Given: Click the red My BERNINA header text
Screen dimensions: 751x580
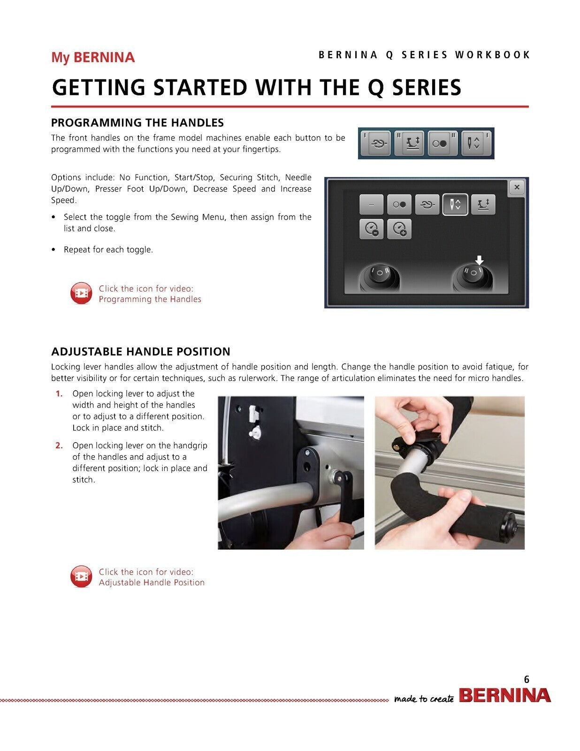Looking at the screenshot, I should pyautogui.click(x=92, y=58).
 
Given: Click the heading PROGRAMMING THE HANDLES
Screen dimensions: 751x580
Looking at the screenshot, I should pyautogui.click(x=137, y=123).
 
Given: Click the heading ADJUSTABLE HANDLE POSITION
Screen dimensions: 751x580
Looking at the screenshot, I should pyautogui.click(x=140, y=352).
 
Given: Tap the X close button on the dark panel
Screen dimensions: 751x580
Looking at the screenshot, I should pyautogui.click(x=517, y=187).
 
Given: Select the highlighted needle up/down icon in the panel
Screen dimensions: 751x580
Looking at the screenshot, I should pyautogui.click(x=455, y=205).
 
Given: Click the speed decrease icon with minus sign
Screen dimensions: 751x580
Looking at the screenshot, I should pyautogui.click(x=371, y=229).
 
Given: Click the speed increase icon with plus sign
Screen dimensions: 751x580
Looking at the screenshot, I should pyautogui.click(x=399, y=229).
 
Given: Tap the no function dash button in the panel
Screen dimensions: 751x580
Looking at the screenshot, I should pyautogui.click(x=371, y=205).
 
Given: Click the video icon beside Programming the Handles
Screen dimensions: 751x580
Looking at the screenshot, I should pyautogui.click(x=81, y=293).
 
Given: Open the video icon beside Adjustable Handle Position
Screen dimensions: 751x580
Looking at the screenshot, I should pyautogui.click(x=81, y=577).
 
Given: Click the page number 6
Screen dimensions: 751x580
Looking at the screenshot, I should pyautogui.click(x=527, y=679).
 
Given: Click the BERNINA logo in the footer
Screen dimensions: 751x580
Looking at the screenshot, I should pyautogui.click(x=504, y=695).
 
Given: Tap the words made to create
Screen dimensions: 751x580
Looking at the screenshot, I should pyautogui.click(x=423, y=699).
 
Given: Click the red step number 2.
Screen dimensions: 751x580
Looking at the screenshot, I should pyautogui.click(x=59, y=445).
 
